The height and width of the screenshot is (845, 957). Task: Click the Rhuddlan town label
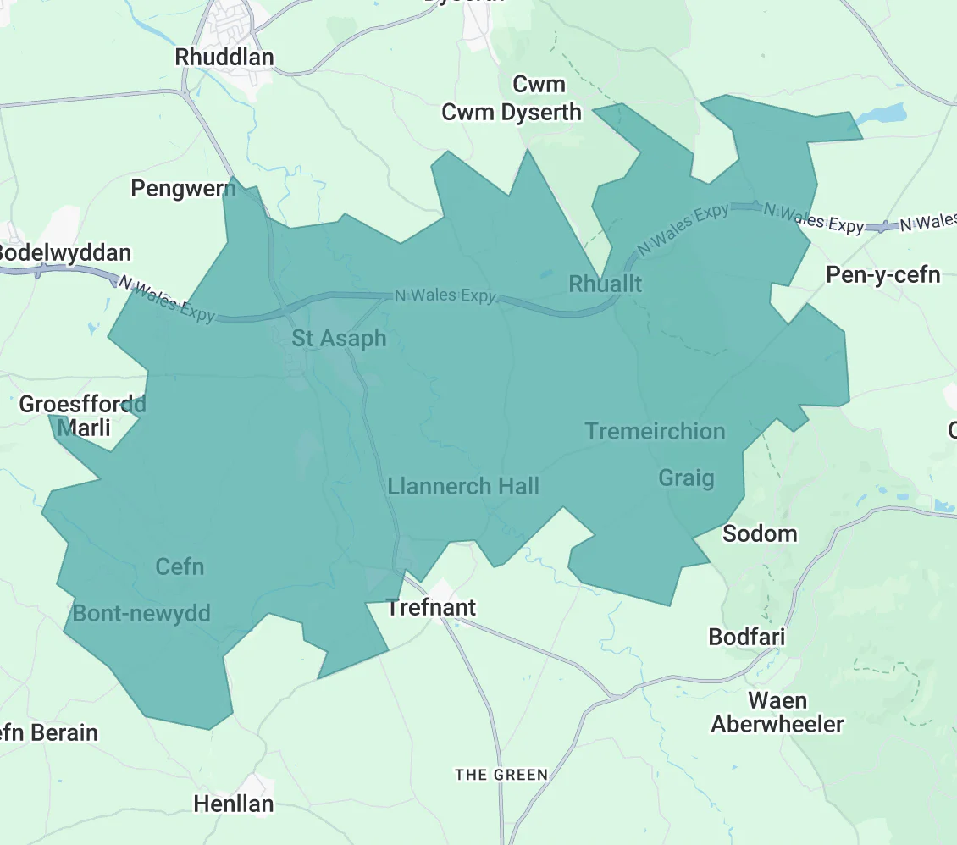[x=224, y=57]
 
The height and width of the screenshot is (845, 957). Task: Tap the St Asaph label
[x=339, y=339]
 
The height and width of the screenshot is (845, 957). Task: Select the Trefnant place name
[x=431, y=607]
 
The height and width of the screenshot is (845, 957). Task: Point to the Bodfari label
[x=747, y=637]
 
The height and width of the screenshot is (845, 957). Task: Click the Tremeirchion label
[x=655, y=431]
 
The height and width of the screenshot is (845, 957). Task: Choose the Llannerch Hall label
[x=463, y=486]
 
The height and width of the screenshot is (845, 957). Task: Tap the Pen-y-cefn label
[x=883, y=275]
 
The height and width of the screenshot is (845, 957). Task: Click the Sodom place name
[x=760, y=533]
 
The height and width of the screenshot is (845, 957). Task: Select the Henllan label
[x=234, y=804]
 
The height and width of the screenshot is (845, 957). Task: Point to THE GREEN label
[x=501, y=775]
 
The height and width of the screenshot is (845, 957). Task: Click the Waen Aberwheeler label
[x=777, y=713]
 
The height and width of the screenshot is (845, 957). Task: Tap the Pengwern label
[x=183, y=188]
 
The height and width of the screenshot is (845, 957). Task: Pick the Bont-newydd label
[x=141, y=613]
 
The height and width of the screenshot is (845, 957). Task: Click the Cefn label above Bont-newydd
[x=180, y=566]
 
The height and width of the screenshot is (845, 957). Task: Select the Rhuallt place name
[x=606, y=284]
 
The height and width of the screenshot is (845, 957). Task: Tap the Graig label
[x=686, y=478]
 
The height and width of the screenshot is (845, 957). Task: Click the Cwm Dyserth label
[x=512, y=112]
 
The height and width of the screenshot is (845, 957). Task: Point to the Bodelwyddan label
[x=65, y=252]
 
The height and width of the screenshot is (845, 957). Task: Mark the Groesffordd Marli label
[x=82, y=416]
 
